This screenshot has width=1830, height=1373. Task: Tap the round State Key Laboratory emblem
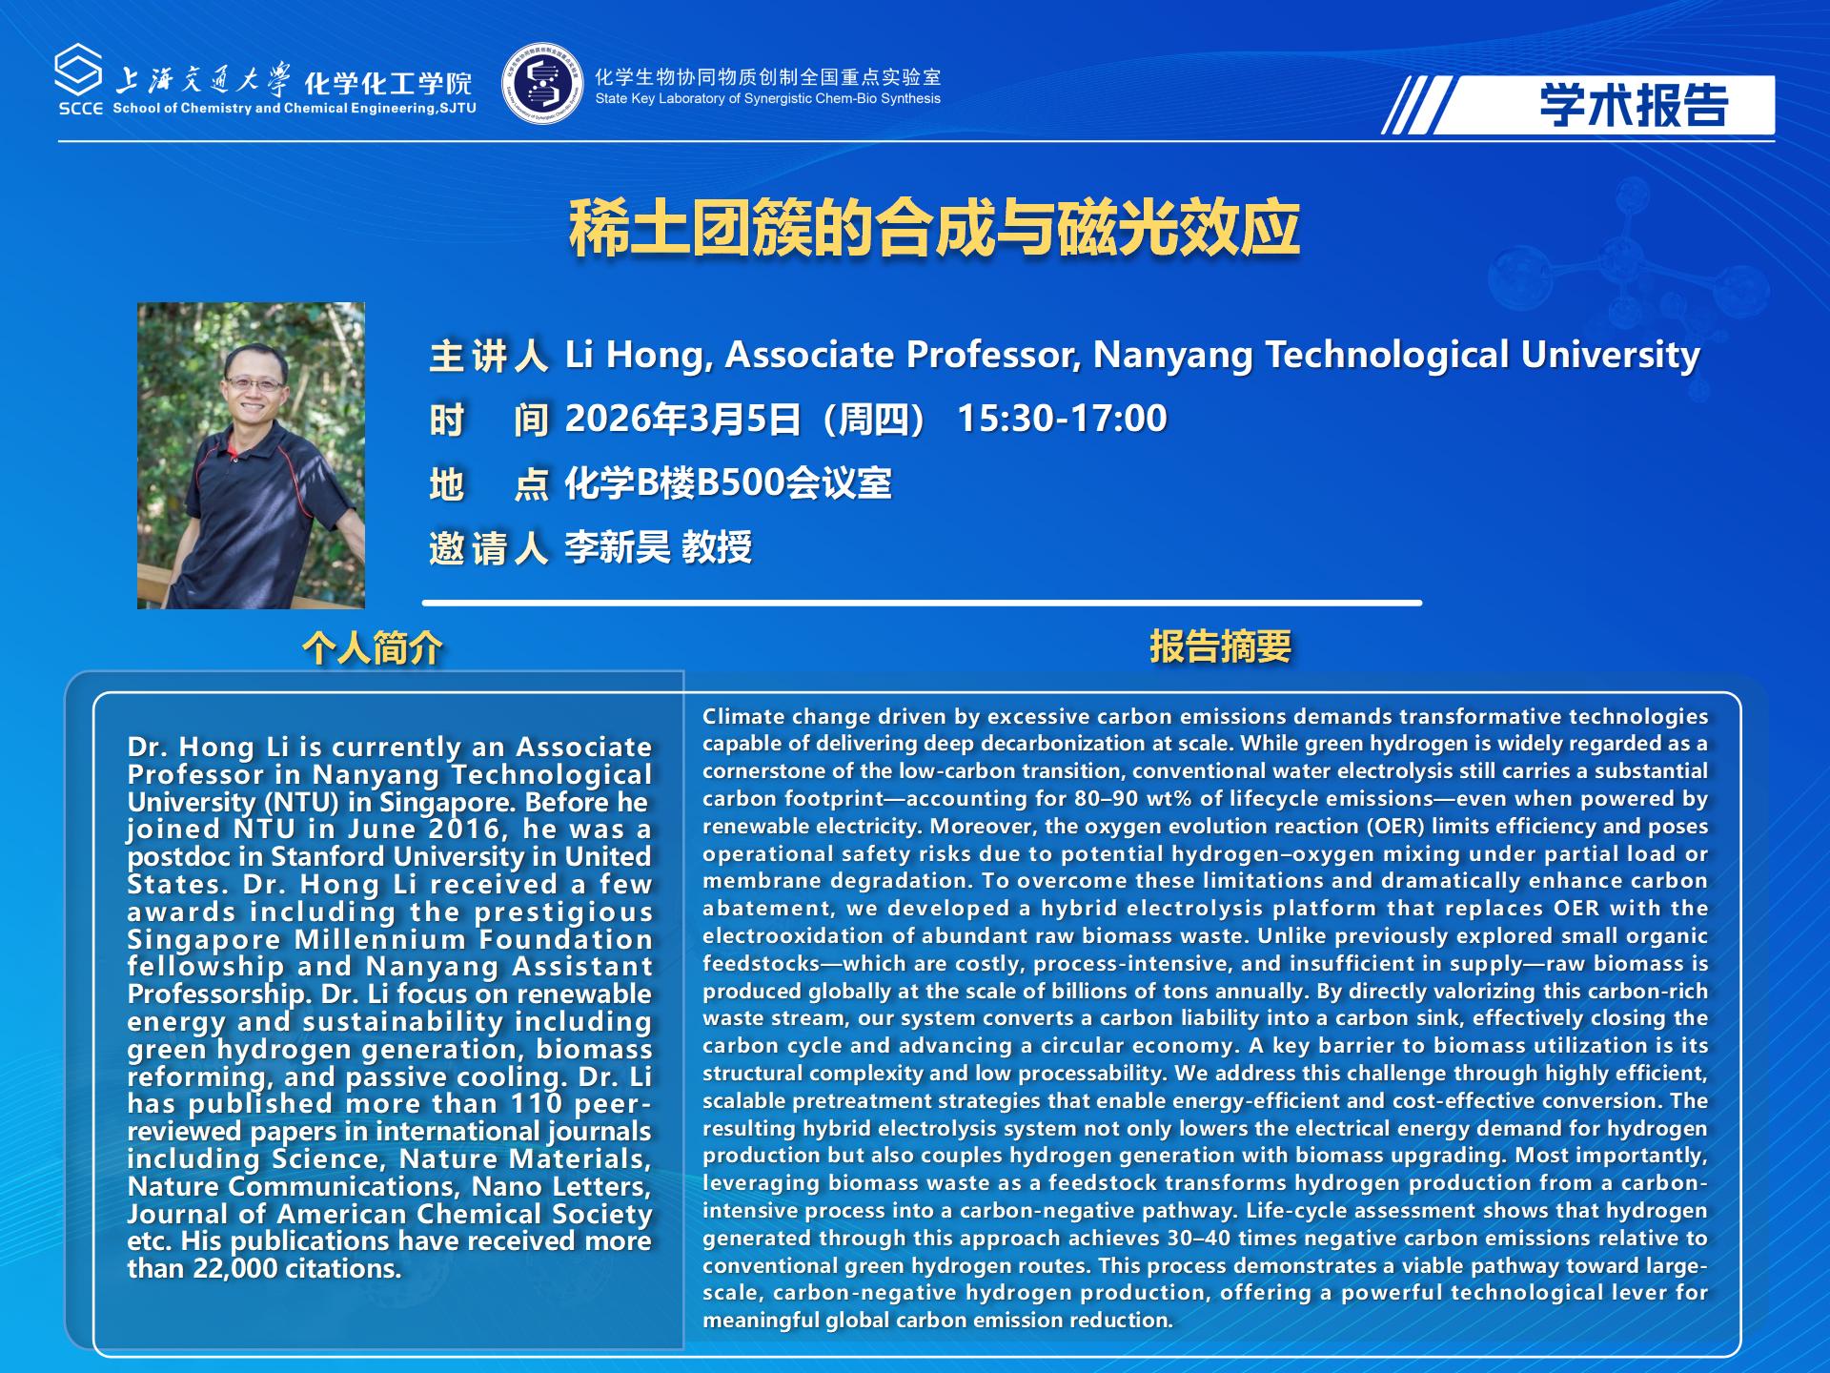coord(542,84)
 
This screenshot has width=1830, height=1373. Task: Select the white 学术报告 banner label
coord(1603,105)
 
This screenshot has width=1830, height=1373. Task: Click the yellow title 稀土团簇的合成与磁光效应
coord(934,229)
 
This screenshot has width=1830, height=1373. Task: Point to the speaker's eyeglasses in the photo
coord(254,384)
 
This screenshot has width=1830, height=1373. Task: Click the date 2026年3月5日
coord(682,419)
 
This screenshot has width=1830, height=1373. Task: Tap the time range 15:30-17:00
coord(1062,419)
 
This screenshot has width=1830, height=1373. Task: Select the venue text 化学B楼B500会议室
coord(728,483)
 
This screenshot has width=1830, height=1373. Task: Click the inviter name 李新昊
coord(618,547)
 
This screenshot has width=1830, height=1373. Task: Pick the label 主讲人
coord(489,356)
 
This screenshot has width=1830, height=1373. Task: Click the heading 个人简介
coord(373,648)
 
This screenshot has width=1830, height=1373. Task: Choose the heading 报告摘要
coord(1220,646)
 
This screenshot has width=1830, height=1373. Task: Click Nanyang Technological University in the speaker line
coord(1396,356)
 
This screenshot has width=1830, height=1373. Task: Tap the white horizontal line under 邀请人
coord(922,603)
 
